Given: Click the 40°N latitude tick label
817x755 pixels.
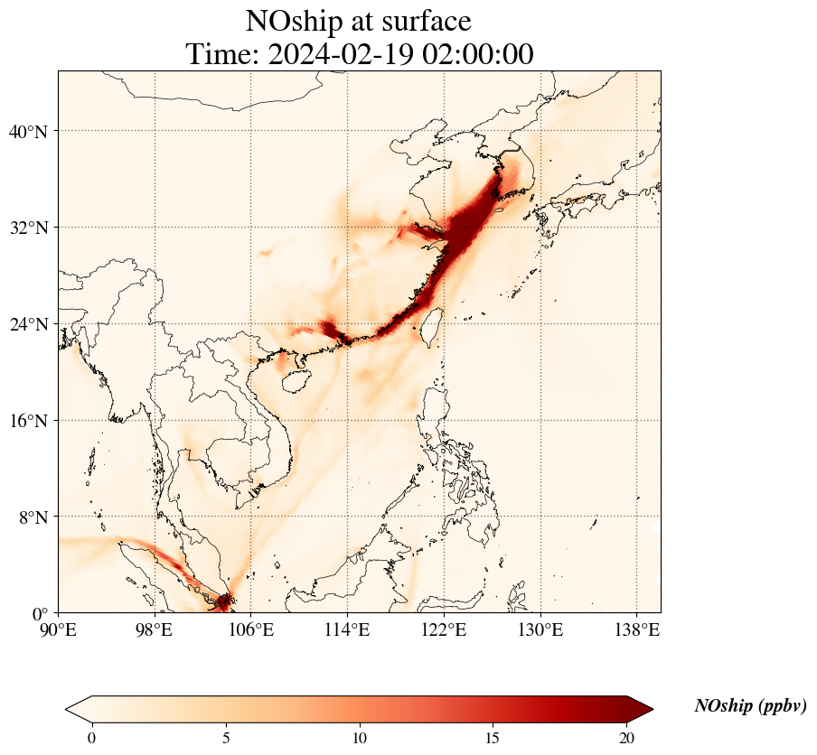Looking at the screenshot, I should [28, 132].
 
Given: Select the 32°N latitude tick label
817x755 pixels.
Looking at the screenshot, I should [28, 228].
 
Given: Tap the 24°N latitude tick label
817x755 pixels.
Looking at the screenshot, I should [28, 324].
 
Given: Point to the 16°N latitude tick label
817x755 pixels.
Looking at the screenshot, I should [28, 421].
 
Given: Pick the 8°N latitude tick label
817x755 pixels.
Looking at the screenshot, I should [33, 517].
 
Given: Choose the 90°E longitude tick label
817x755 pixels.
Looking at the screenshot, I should [60, 629].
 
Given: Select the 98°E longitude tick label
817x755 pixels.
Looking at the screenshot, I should [155, 629].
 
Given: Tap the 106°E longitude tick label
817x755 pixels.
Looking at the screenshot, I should [251, 629].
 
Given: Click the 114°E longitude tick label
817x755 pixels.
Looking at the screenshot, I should [347, 629].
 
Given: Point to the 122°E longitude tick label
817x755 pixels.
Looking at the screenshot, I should [444, 629].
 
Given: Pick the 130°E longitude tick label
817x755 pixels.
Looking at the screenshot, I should [540, 629].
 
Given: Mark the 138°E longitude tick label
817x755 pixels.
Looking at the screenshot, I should [636, 629].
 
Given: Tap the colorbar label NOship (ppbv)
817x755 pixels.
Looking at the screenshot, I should [750, 706].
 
